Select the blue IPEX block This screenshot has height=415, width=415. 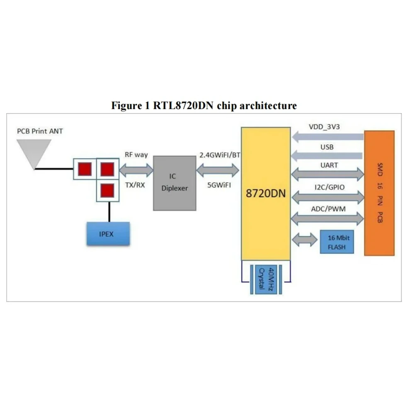point(107,234)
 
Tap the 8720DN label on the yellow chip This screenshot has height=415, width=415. point(266,194)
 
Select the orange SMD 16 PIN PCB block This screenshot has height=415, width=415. point(379,193)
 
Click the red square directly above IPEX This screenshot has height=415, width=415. point(107,190)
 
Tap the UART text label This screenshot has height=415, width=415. point(329,165)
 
